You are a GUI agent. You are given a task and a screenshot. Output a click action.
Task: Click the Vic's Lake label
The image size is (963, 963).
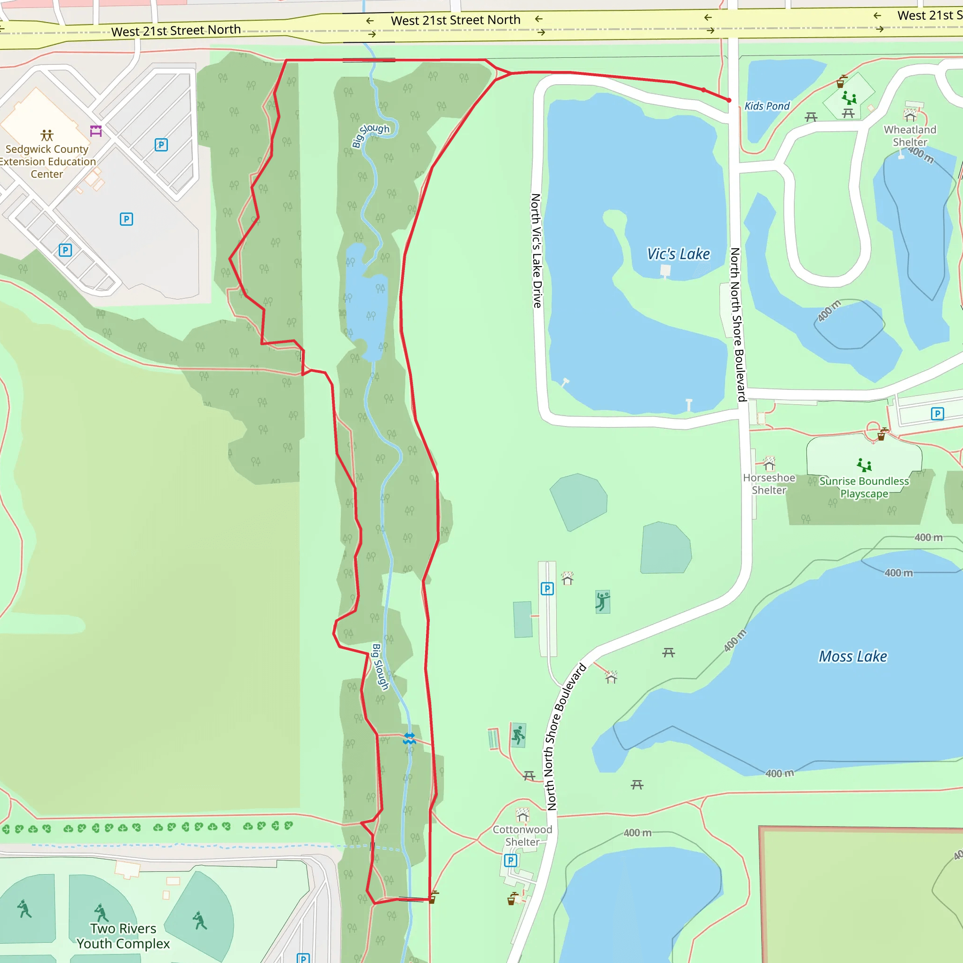tap(678, 254)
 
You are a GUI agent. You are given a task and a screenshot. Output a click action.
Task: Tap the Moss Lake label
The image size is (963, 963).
tap(852, 656)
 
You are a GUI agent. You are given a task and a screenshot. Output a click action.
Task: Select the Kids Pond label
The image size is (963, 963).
tap(766, 106)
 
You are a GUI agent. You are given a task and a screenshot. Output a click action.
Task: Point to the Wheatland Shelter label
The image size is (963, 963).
tap(910, 135)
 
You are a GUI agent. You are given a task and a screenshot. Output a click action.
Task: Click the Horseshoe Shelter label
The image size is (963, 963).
tap(769, 483)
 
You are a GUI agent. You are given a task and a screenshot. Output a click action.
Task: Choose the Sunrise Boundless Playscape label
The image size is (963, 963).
tap(864, 487)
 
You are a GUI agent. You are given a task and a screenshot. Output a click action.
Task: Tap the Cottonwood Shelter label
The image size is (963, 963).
tap(522, 836)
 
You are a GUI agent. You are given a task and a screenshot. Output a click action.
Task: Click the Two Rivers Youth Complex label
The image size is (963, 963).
tap(123, 936)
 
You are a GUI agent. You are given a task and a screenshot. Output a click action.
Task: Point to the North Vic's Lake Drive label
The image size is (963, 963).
tap(537, 251)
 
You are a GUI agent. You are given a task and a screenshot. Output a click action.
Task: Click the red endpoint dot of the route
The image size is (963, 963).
tap(729, 100)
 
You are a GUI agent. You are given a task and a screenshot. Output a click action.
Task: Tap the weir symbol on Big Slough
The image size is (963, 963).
tap(409, 738)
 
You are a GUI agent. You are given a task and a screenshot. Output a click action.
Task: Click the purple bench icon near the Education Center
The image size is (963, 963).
tap(96, 131)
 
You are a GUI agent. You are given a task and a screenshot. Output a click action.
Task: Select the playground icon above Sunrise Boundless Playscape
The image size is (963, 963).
tap(864, 465)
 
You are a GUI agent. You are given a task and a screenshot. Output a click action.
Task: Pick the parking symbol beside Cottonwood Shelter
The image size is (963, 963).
tap(510, 860)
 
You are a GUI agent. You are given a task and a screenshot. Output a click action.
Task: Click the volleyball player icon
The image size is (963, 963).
tap(603, 601)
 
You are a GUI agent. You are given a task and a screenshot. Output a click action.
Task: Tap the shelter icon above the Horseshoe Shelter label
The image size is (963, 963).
tap(769, 464)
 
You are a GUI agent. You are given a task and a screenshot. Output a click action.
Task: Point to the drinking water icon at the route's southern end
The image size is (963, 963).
tap(434, 897)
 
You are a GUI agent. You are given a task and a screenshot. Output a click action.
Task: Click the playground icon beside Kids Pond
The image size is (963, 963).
tap(849, 97)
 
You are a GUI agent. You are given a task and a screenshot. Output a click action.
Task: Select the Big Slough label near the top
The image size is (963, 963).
tap(371, 135)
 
